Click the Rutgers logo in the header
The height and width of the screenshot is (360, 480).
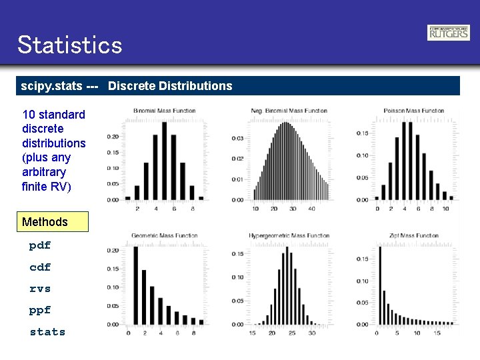(448, 33)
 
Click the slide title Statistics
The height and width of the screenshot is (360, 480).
(70, 45)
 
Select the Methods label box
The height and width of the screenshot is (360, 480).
(52, 222)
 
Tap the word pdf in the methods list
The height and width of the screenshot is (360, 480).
(40, 245)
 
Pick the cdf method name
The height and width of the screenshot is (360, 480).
(40, 267)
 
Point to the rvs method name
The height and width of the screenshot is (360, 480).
(40, 289)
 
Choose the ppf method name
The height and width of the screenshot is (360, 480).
(40, 310)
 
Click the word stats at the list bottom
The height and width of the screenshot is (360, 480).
(47, 331)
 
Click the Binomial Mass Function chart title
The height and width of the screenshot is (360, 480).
(165, 111)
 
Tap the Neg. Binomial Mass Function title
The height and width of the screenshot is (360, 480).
(289, 111)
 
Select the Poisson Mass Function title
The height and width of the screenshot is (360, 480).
(413, 111)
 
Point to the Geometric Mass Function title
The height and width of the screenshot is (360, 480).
(164, 235)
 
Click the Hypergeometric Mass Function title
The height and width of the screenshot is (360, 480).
(289, 235)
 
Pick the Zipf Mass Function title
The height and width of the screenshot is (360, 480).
(414, 235)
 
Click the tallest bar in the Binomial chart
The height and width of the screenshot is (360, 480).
(164, 160)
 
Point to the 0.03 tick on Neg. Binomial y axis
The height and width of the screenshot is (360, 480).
(238, 138)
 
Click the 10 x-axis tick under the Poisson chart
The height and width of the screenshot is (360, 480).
(445, 209)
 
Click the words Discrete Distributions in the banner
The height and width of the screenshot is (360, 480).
(170, 86)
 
